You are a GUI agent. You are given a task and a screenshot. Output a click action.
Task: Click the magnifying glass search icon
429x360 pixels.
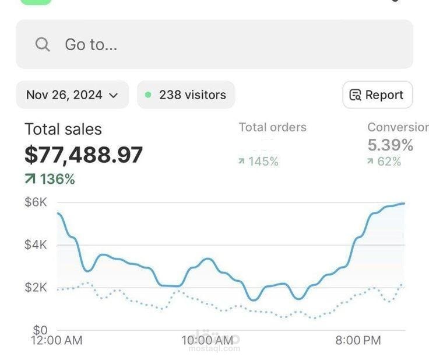click(x=43, y=44)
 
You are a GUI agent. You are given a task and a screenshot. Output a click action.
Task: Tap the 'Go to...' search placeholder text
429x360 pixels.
click(x=91, y=44)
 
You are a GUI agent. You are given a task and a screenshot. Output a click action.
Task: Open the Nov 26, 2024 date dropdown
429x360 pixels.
click(x=72, y=95)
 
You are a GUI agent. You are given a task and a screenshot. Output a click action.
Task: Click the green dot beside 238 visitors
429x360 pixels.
click(x=148, y=95)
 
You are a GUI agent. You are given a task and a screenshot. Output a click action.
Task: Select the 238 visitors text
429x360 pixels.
click(x=192, y=95)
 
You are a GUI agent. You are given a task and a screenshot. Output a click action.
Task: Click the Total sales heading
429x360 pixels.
click(x=63, y=130)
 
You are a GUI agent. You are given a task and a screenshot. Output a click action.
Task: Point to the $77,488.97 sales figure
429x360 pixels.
click(x=83, y=155)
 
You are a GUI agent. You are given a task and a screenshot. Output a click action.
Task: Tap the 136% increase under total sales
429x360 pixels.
click(x=50, y=179)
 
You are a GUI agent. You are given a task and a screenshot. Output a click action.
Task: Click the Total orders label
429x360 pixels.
click(x=272, y=127)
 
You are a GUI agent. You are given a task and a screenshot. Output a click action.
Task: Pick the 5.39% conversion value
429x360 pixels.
click(x=391, y=145)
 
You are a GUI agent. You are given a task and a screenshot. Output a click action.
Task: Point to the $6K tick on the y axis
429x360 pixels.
click(x=36, y=202)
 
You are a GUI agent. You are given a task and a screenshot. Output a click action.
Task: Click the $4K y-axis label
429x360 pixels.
click(x=36, y=244)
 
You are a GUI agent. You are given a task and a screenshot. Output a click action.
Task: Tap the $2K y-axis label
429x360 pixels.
click(x=36, y=287)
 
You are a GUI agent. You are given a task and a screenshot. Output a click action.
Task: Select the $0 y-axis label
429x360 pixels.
click(x=40, y=330)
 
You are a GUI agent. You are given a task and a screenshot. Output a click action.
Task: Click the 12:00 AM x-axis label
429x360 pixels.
click(x=57, y=340)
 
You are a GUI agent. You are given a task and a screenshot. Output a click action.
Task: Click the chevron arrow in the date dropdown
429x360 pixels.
click(x=114, y=95)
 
